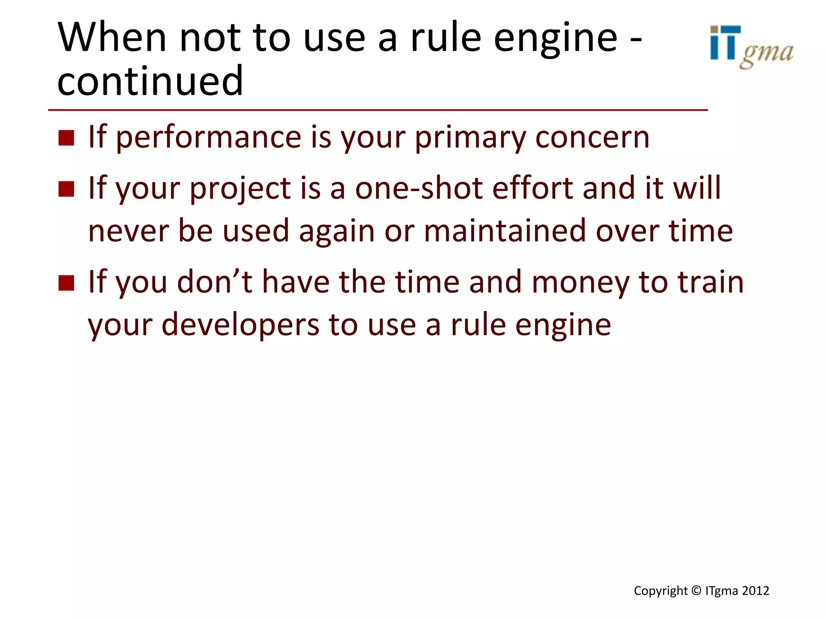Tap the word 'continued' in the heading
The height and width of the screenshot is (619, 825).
(x=150, y=81)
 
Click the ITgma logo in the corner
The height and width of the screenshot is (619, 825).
(x=751, y=47)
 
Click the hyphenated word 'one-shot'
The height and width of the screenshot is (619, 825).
(x=419, y=188)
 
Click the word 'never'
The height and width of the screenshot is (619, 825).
(x=128, y=231)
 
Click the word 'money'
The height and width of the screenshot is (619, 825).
(x=580, y=282)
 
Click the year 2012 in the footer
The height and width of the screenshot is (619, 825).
(x=755, y=591)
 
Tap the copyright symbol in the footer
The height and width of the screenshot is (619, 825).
(x=696, y=591)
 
